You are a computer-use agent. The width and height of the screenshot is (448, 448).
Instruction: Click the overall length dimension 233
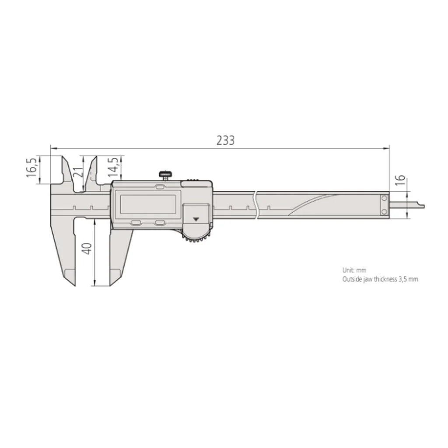click(x=226, y=140)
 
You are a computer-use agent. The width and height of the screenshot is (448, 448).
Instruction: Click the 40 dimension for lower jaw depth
click(x=87, y=248)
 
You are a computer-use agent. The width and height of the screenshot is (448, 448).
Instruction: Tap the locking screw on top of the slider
click(x=165, y=175)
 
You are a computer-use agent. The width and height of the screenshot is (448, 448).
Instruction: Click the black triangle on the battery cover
click(x=196, y=218)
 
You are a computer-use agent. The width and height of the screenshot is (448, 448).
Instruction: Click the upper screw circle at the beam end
click(x=384, y=199)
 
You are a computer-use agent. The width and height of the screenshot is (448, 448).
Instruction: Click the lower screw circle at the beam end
click(x=384, y=212)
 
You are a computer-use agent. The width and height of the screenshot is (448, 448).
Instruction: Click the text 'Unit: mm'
click(x=354, y=270)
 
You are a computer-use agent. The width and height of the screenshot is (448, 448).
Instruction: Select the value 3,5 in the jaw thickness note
click(x=403, y=279)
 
